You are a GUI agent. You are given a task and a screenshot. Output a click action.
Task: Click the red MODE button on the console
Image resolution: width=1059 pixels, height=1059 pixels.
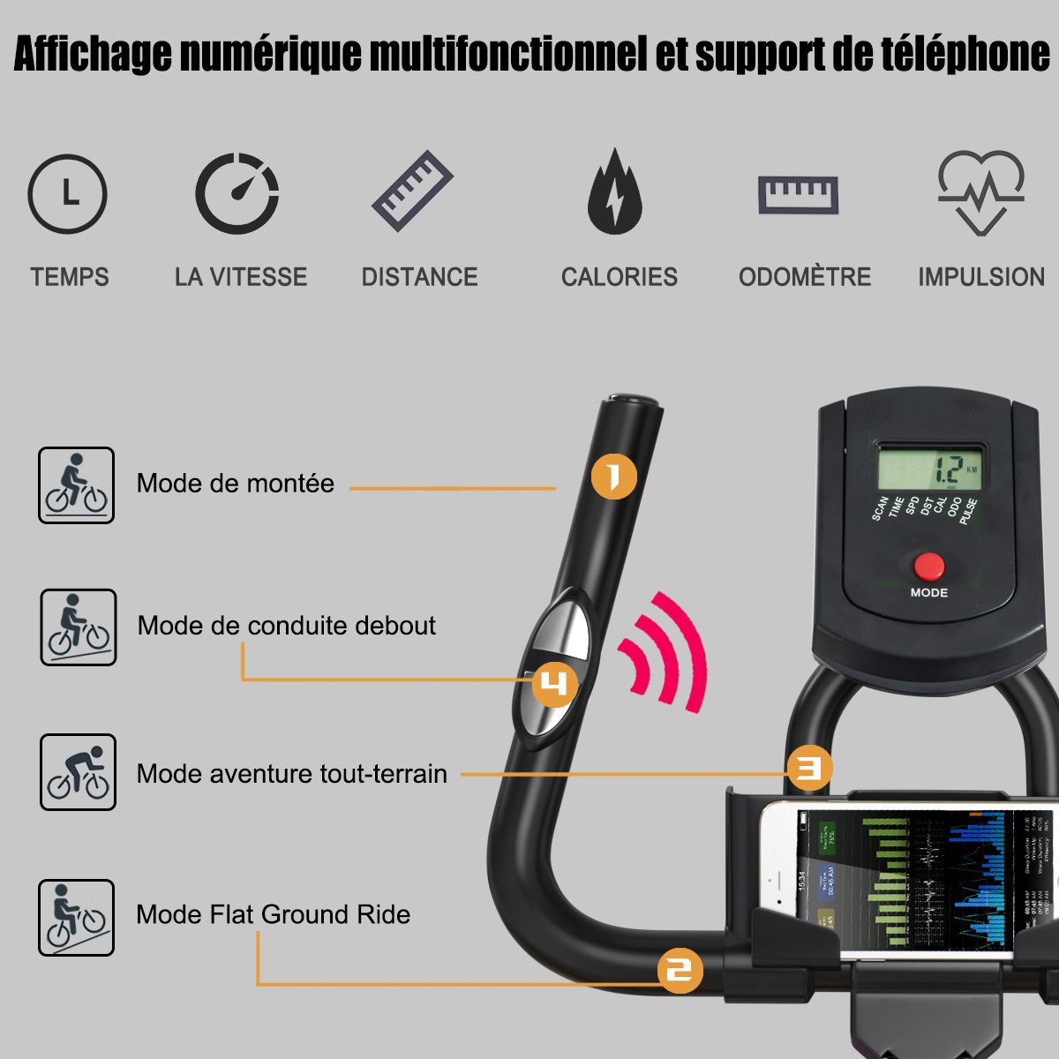click(928, 566)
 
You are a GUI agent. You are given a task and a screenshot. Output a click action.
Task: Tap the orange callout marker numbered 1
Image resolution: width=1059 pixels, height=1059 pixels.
click(613, 477)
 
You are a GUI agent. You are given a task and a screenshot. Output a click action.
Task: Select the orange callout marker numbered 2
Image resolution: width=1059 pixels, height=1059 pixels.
click(680, 972)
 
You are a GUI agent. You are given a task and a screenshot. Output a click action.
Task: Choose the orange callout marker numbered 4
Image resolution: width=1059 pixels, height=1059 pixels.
click(554, 684)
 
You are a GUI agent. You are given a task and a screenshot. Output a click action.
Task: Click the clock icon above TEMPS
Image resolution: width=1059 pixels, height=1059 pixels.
click(67, 194)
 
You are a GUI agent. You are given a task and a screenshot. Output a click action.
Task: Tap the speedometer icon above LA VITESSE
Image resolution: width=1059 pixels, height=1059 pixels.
click(237, 193)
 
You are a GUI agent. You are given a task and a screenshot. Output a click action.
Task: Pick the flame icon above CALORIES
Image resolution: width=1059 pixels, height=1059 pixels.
click(615, 192)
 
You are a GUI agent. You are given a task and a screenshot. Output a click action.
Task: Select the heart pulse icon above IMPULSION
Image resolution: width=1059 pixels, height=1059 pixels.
click(980, 192)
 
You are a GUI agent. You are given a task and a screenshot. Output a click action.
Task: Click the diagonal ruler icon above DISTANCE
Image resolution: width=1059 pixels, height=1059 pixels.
click(412, 192)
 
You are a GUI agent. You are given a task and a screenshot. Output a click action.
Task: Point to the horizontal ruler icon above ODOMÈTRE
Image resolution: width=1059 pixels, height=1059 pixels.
click(799, 194)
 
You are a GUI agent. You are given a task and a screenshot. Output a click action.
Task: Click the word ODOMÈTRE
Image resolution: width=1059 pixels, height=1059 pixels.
click(804, 277)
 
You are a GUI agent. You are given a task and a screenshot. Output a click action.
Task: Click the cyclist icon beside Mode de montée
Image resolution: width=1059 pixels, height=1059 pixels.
click(77, 485)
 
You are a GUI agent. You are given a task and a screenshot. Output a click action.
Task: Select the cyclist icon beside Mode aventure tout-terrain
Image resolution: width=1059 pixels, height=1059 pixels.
click(78, 772)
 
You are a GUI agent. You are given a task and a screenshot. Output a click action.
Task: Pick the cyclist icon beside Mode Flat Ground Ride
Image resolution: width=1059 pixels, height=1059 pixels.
click(77, 918)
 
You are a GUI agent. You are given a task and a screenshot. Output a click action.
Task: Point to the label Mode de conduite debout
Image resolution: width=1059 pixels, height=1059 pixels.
click(287, 626)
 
